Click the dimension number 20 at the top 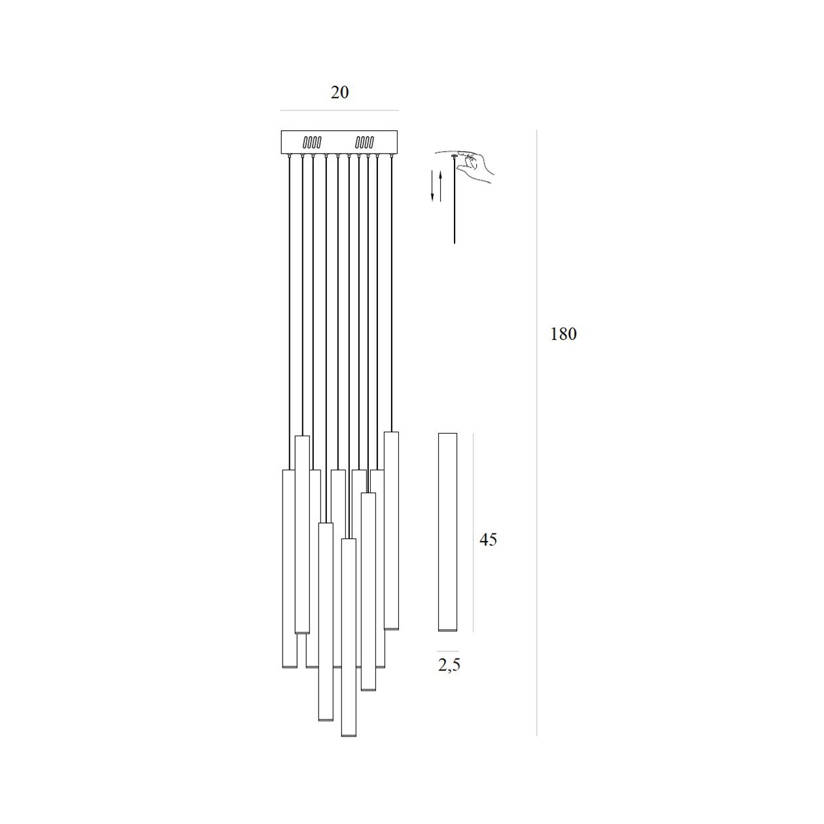tap(339, 92)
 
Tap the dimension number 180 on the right tap(563, 334)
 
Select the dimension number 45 tap(488, 540)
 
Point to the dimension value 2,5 tap(449, 665)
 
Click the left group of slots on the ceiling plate tap(312, 142)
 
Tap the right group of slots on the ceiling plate tap(365, 142)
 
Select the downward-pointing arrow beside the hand tap(432, 186)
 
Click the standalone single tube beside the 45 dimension tap(447, 538)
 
